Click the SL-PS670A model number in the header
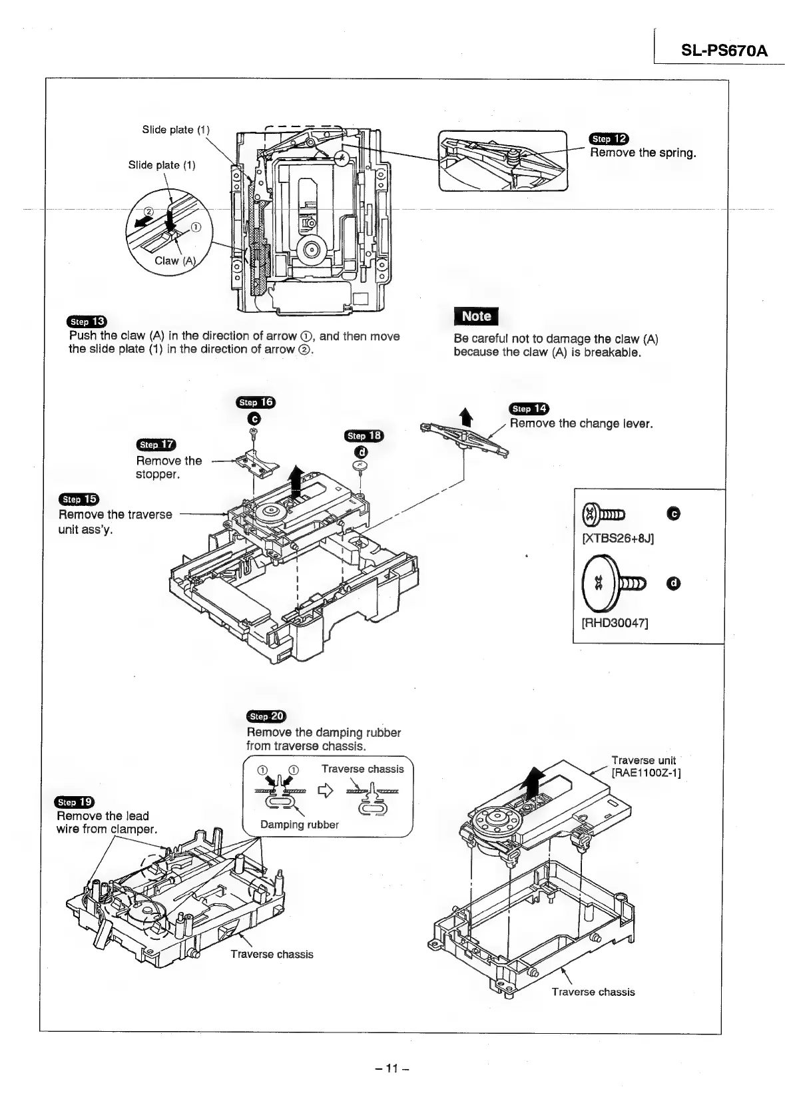click(x=723, y=51)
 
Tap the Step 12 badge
click(x=609, y=138)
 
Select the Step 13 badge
click(x=87, y=322)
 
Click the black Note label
click(x=475, y=317)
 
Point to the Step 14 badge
click(x=528, y=409)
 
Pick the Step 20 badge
click(x=265, y=716)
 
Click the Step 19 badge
click(x=76, y=801)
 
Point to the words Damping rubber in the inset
click(x=300, y=825)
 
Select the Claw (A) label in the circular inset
click(x=175, y=261)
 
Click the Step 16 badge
click(x=256, y=402)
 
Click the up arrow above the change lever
click(x=466, y=417)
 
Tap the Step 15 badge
click(x=79, y=499)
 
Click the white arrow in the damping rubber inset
click(x=326, y=791)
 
